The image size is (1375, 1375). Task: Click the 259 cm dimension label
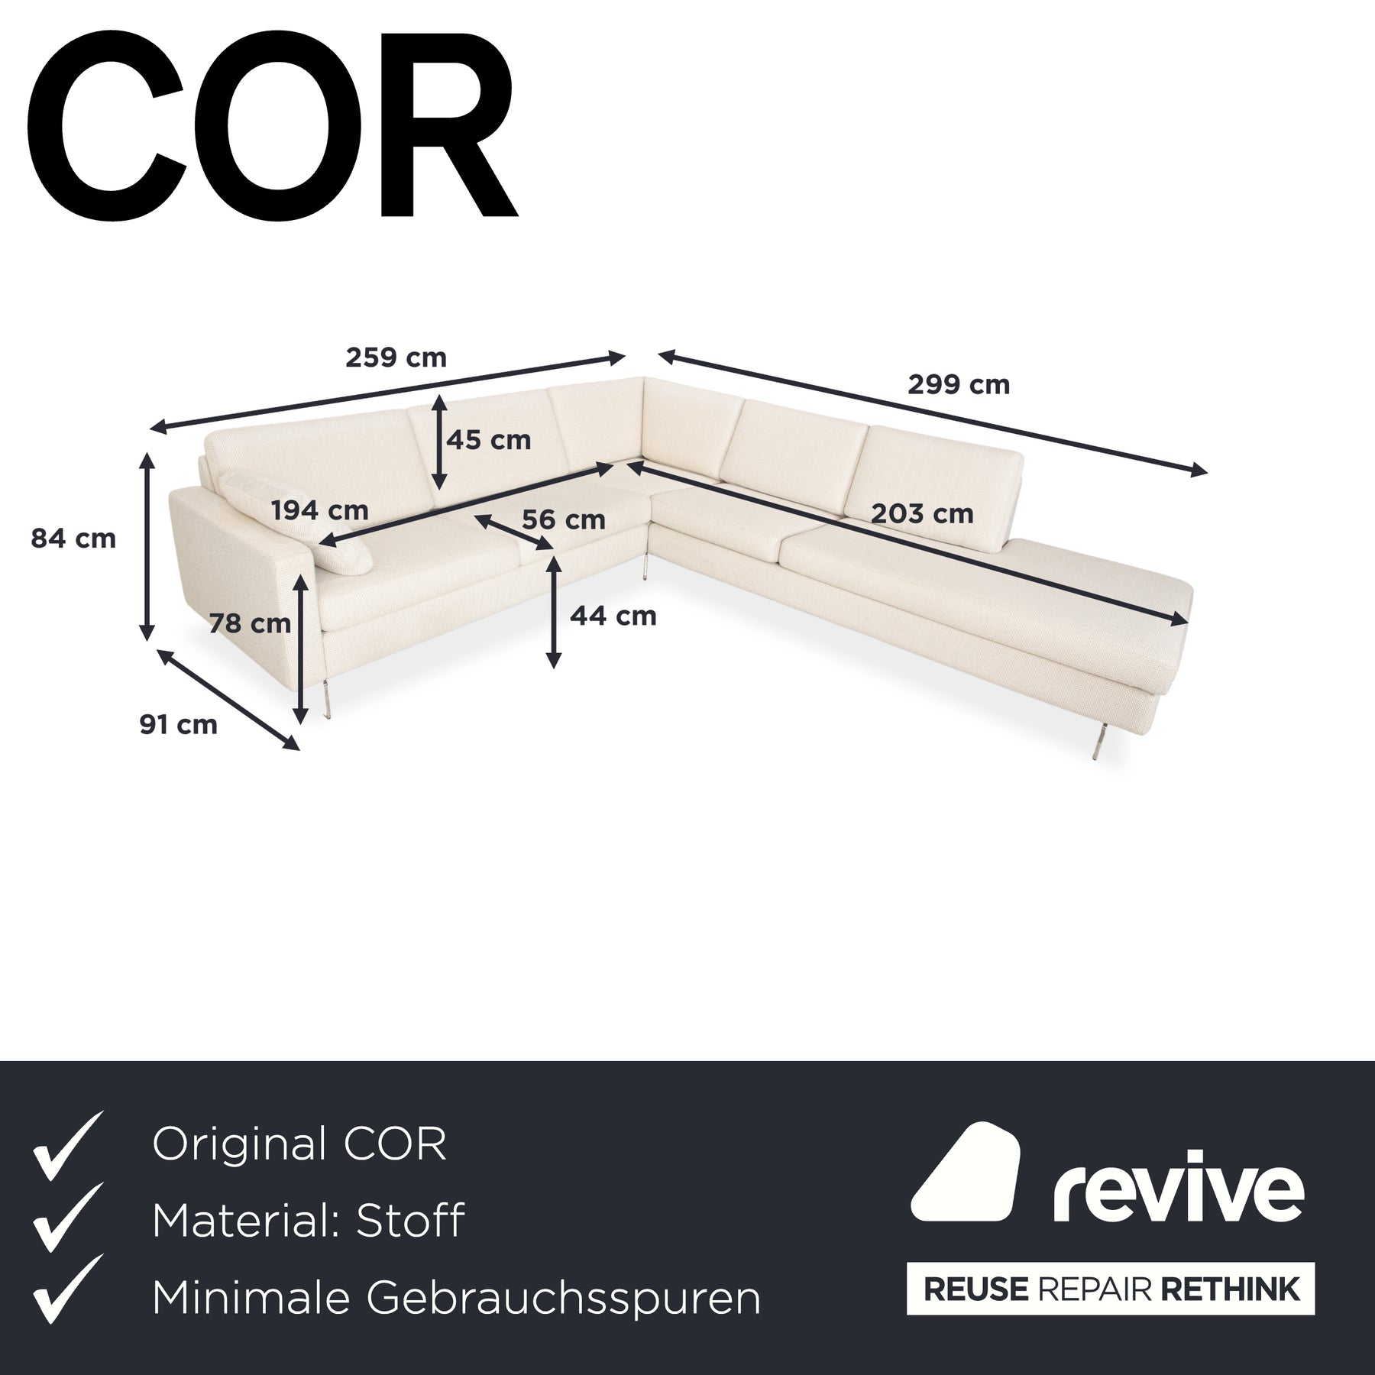tap(396, 357)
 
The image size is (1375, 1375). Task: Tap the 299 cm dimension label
tap(959, 384)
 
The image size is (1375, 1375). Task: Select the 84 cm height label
tap(73, 539)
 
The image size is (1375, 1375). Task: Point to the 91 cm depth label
tap(178, 724)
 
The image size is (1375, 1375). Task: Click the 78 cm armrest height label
tap(250, 623)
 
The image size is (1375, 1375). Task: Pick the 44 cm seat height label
tap(613, 615)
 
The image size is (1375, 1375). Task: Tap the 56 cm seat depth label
tap(564, 519)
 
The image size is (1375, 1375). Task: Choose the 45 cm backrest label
tap(489, 440)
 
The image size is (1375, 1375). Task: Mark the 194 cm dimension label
tap(319, 510)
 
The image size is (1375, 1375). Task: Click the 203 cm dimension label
tap(923, 513)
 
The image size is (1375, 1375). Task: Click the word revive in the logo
tap(1179, 1195)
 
